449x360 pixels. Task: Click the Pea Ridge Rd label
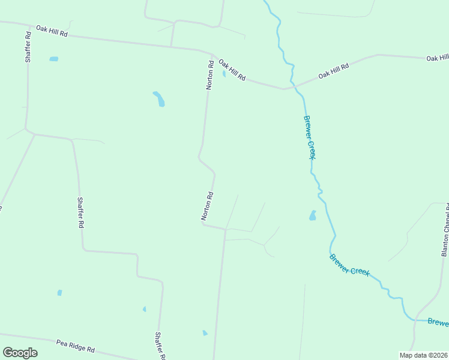tap(76, 346)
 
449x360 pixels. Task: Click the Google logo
tap(20, 353)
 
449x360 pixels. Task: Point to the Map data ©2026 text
tap(423, 355)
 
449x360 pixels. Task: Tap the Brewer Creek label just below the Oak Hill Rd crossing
tap(309, 137)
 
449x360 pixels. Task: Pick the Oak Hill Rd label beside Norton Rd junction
tap(232, 70)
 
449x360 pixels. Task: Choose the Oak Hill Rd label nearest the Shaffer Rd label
tap(52, 32)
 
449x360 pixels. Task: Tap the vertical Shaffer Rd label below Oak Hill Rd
tap(28, 49)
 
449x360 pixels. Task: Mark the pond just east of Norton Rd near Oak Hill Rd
tap(224, 74)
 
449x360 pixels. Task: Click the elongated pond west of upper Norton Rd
tap(159, 99)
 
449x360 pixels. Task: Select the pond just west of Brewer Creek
tap(312, 215)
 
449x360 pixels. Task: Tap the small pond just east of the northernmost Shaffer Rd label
tap(54, 59)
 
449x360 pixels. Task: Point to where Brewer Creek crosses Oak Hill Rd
tap(292, 88)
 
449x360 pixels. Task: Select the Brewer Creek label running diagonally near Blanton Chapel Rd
tap(349, 264)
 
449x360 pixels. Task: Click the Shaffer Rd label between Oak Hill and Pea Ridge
tap(80, 212)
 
